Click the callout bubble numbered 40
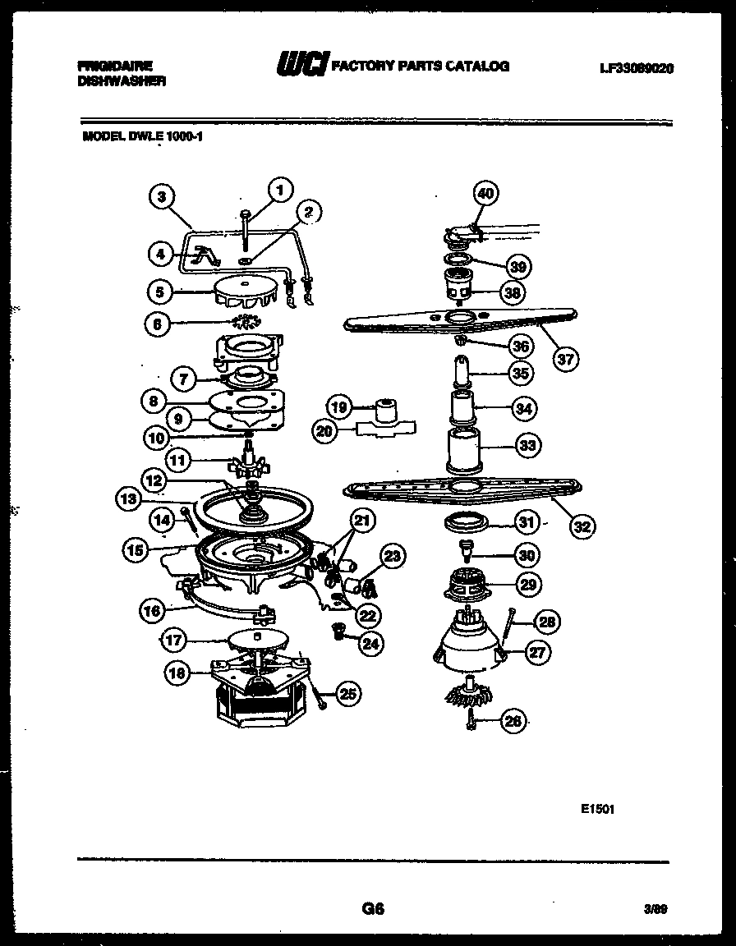click(x=485, y=194)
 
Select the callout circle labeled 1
click(x=280, y=190)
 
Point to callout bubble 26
click(x=512, y=723)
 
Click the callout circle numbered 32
click(x=582, y=526)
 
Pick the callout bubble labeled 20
click(x=324, y=429)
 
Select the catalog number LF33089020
click(x=636, y=69)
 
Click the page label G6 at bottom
click(x=372, y=909)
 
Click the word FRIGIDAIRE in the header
click(x=114, y=64)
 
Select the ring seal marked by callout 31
click(x=466, y=522)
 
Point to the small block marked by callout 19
click(x=384, y=408)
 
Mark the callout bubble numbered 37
click(x=565, y=358)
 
